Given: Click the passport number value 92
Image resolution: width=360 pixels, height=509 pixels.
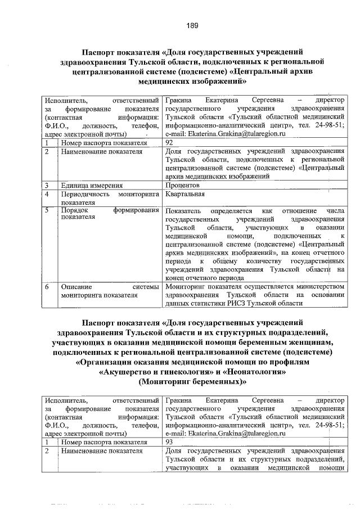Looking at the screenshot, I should [x=169, y=143].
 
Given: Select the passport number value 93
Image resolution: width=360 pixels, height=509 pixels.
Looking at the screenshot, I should [x=169, y=442].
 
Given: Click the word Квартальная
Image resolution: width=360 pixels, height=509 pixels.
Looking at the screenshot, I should [x=185, y=194].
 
